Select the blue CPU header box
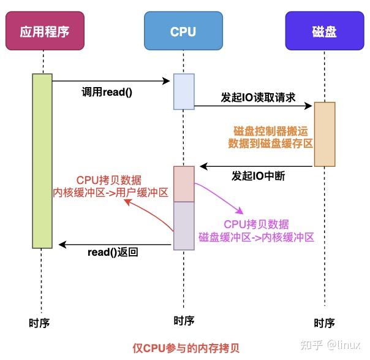pos(183,31)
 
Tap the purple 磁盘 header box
pos(324,31)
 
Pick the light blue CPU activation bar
pos(183,91)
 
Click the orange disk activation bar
pos(324,134)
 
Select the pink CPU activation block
pos(183,183)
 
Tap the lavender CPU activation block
pos(183,226)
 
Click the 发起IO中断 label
pos(258,176)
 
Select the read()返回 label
pos(113,251)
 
